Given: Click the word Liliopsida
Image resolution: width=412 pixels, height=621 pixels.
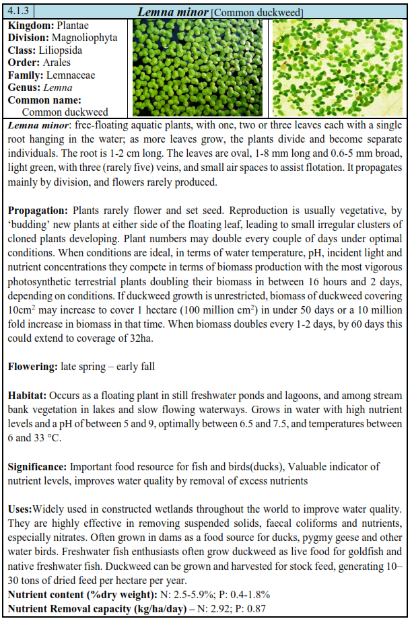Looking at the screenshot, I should pyautogui.click(x=67, y=50).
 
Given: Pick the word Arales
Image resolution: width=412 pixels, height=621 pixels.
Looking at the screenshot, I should pyautogui.click(x=57, y=63).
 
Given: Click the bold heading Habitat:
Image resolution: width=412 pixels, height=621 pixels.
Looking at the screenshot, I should pyautogui.click(x=29, y=393).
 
